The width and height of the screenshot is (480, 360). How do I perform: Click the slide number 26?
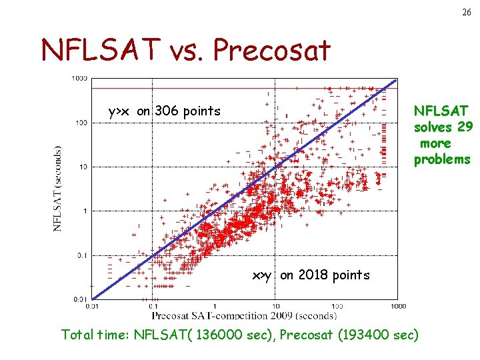[464, 13]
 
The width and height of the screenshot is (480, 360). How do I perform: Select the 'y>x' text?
[120, 111]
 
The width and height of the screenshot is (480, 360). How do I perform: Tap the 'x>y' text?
[261, 275]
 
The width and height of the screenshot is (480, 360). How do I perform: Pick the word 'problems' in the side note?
[442, 159]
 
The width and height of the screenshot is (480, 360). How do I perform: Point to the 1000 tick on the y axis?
[79, 78]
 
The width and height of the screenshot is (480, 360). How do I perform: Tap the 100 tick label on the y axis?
[81, 123]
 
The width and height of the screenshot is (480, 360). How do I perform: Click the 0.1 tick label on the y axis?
[81, 255]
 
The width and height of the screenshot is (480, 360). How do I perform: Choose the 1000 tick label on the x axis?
[397, 306]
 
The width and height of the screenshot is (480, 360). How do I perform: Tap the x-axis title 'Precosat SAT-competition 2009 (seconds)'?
[244, 315]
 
